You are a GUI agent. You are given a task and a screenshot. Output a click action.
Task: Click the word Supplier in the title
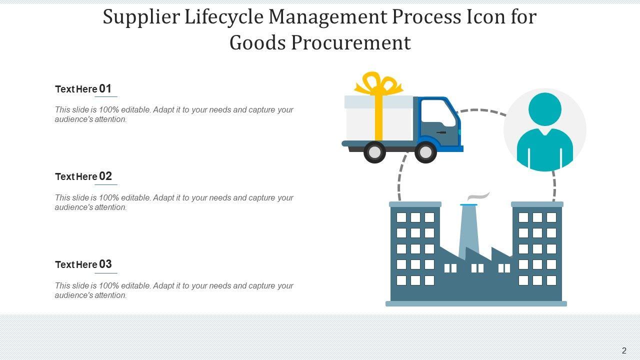141,17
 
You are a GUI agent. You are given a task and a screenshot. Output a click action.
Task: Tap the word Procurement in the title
351,43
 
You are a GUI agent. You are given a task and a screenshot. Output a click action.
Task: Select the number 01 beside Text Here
105,88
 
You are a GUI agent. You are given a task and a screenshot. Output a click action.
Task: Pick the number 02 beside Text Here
105,176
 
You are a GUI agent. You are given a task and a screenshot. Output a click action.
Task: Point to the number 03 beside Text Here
105,264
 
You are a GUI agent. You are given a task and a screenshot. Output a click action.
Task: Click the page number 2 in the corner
624,350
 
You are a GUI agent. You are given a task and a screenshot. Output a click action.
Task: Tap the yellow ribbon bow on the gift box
378,83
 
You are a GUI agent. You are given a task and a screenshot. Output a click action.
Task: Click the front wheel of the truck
425,152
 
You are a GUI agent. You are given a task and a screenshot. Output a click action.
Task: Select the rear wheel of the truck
374,152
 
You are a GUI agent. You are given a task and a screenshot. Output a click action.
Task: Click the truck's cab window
438,113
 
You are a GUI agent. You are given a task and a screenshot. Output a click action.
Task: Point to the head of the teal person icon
545,109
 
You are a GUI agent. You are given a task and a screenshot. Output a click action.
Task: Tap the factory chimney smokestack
468,231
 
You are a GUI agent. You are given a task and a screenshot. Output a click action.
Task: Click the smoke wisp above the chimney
478,196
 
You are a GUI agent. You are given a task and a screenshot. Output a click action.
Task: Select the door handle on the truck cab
441,132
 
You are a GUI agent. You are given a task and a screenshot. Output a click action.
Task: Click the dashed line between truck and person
481,110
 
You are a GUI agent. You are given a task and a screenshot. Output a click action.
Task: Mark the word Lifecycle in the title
224,17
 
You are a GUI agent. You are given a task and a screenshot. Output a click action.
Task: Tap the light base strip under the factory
476,303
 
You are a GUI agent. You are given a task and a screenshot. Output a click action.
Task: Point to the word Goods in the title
257,43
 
